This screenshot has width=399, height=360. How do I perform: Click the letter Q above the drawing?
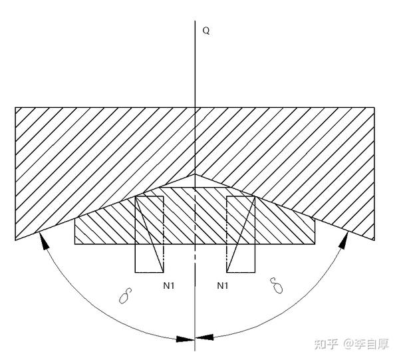click(206, 31)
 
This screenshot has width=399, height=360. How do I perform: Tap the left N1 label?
click(169, 285)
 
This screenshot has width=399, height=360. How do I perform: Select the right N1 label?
click(223, 285)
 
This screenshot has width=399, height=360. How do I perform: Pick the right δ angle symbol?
click(276, 287)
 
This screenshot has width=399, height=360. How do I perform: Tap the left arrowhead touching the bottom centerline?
click(184, 339)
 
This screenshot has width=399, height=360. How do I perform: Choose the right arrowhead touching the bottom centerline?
click(205, 339)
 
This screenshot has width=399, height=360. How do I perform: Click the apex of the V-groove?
click(195, 174)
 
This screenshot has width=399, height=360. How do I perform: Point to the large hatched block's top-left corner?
click(15, 107)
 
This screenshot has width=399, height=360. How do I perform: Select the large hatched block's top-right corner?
click(374, 107)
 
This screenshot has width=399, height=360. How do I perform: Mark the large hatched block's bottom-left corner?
click(15, 240)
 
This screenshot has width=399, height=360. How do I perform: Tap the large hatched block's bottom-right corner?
click(374, 240)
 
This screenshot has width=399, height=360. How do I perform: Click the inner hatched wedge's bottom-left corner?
click(74, 244)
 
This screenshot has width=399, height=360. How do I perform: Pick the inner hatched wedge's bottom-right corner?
click(315, 244)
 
